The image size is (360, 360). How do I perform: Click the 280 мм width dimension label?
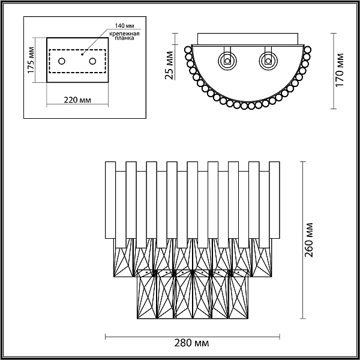[x=192, y=343]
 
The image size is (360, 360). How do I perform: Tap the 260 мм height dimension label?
[x=309, y=240]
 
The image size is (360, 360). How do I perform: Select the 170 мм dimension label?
[x=340, y=70]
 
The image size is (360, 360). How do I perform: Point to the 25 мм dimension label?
[x=169, y=65]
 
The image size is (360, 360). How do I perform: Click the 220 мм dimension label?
[x=77, y=100]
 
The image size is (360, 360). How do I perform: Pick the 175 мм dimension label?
[x=31, y=61]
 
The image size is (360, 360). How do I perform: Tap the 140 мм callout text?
[x=124, y=25]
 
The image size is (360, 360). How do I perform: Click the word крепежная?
[x=124, y=34]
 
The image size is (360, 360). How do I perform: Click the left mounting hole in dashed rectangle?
[x=62, y=61]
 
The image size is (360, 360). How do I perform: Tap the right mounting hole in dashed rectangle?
[x=93, y=61]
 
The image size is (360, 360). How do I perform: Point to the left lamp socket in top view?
[x=227, y=61]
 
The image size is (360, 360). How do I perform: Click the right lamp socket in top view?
[x=268, y=61]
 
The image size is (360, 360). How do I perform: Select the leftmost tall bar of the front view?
[x=110, y=200]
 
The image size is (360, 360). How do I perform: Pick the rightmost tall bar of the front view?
[x=274, y=200]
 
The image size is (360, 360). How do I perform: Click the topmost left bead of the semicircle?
[x=188, y=50]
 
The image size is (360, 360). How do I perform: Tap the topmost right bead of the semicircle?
[x=307, y=50]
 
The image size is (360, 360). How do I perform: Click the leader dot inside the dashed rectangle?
[x=82, y=55]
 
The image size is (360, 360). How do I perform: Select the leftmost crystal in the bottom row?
[x=147, y=294]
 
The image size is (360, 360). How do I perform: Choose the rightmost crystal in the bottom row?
[x=238, y=294]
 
